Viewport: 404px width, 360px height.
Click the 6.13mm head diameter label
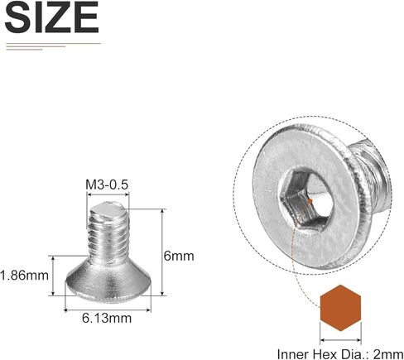(x=109, y=318)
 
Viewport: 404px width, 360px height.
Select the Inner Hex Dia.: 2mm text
(x=339, y=351)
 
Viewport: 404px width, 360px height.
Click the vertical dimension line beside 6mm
(x=162, y=252)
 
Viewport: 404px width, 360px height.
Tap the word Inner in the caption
(x=291, y=351)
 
